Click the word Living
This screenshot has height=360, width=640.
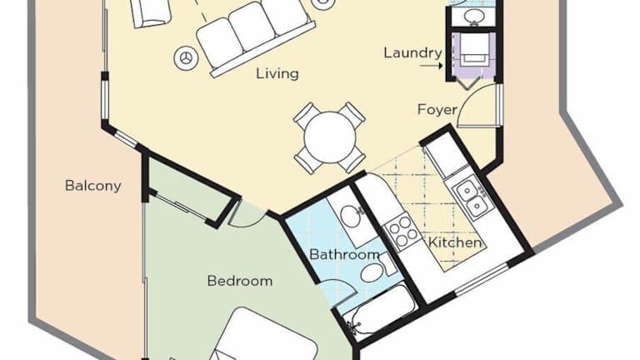coord(277,73)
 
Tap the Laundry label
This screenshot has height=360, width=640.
coord(412,52)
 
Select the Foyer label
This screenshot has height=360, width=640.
coord(437,109)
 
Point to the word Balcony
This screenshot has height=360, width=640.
coord(93,186)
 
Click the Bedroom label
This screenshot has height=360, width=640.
coord(240,281)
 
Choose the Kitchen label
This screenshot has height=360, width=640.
coord(455,242)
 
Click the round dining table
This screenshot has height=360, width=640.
coord(330,137)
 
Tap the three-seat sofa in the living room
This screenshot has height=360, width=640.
coord(256,39)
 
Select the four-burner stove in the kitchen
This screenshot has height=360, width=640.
coord(402,232)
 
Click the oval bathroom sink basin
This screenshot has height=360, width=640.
coord(350,216)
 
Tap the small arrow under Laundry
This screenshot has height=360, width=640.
coord(432,65)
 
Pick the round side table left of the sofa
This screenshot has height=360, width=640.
coord(186,58)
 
